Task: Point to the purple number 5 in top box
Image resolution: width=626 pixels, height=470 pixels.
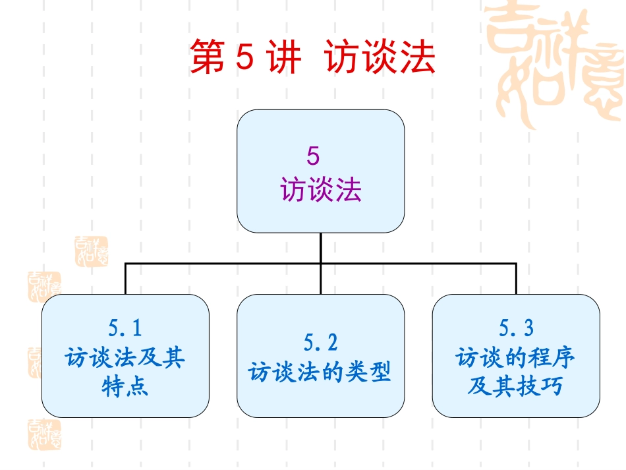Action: [314, 156]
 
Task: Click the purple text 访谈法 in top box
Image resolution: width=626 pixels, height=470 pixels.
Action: [321, 189]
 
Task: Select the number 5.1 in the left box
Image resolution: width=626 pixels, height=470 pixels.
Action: [125, 328]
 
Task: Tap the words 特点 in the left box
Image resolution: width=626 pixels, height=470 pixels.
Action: [125, 386]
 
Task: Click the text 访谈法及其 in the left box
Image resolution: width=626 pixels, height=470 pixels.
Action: [125, 357]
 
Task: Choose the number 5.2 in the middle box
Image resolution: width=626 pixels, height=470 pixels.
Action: [321, 342]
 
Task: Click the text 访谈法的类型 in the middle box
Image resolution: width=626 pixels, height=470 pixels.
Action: [320, 372]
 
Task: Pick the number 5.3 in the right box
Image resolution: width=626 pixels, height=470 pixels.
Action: [516, 328]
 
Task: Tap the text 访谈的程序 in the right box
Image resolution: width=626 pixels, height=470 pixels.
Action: [515, 357]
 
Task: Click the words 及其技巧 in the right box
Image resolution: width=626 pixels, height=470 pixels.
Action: [515, 386]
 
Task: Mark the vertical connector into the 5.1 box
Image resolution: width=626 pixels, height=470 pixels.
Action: [125, 279]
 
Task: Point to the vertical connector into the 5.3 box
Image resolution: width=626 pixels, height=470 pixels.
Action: [516, 279]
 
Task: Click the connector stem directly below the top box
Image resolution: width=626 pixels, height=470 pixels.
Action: [321, 248]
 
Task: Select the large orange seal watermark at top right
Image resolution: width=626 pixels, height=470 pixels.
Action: [555, 66]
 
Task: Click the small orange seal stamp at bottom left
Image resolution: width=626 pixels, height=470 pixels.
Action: [44, 434]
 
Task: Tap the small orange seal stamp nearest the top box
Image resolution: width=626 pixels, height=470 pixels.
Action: [92, 251]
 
